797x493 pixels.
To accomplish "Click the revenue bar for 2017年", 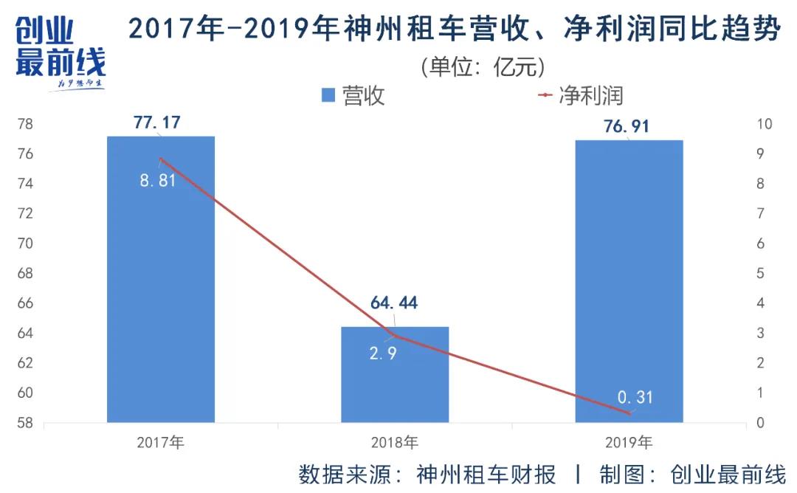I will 161,295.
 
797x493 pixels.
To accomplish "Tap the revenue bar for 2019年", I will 629,295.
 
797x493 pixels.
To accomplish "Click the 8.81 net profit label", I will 158,180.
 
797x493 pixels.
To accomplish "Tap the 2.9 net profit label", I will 383,354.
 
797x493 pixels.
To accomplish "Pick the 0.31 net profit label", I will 635,398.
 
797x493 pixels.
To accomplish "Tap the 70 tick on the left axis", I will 25,244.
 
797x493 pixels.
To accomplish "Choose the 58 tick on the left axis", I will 25,423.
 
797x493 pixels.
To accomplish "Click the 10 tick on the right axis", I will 765,124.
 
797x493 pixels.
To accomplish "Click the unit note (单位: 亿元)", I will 483,67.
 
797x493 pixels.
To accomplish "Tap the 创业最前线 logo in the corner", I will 61,52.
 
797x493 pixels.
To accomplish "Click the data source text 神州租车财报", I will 486,473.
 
